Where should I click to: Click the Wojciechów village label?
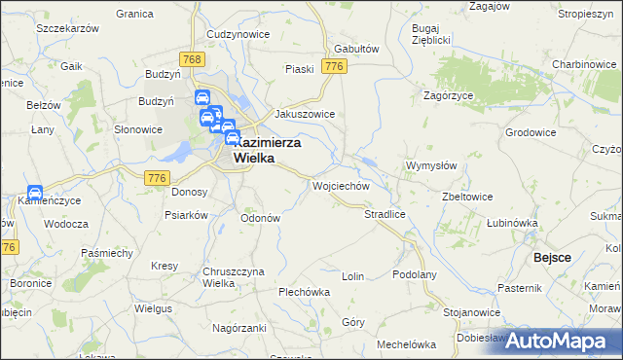tap(340, 185)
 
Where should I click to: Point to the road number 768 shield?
tap(193, 60)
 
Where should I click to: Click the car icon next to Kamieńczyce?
tap(34, 193)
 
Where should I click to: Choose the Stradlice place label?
tap(384, 213)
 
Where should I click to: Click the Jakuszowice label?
tap(305, 114)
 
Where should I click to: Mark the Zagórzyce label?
tap(448, 96)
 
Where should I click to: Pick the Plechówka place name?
tap(305, 292)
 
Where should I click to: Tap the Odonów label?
tap(260, 218)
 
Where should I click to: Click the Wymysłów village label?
tap(431, 165)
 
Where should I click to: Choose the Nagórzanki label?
tap(239, 329)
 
